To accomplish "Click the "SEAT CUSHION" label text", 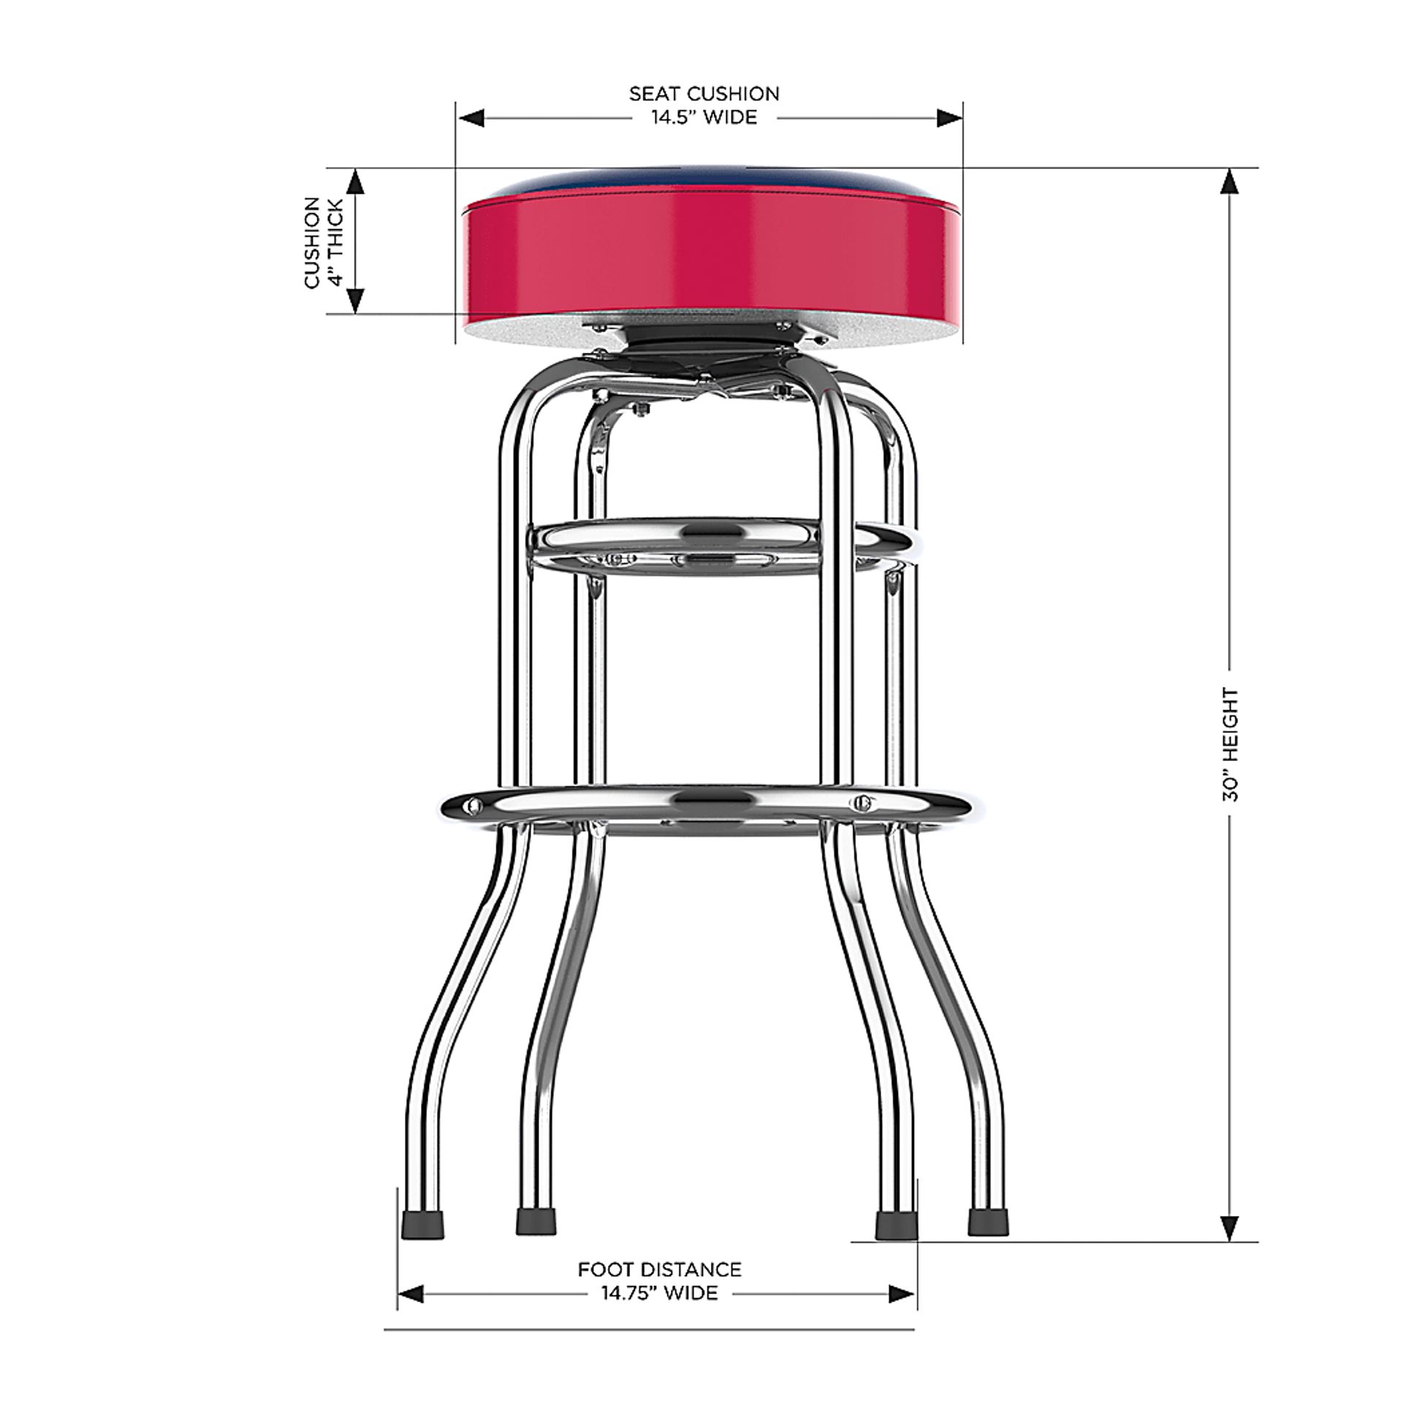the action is [704, 94].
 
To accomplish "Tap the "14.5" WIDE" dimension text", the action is [704, 118].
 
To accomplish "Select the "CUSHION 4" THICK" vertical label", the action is [323, 242].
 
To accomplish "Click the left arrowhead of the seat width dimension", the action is [471, 118].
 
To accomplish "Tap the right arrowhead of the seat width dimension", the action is [949, 118].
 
